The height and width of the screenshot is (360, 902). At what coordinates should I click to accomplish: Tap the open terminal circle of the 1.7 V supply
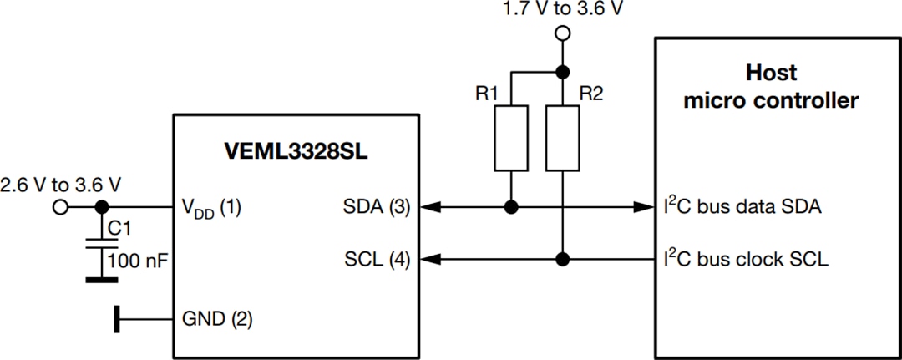coord(564,33)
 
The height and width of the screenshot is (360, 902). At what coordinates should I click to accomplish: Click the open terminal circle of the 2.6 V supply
coord(60,207)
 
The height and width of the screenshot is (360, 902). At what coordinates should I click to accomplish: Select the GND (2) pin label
coord(216,318)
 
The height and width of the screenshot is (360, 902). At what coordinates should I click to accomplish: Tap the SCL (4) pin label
coord(377,260)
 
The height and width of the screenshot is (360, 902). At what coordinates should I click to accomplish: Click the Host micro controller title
coord(770,88)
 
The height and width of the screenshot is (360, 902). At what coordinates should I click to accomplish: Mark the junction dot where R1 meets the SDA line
coord(510,206)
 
